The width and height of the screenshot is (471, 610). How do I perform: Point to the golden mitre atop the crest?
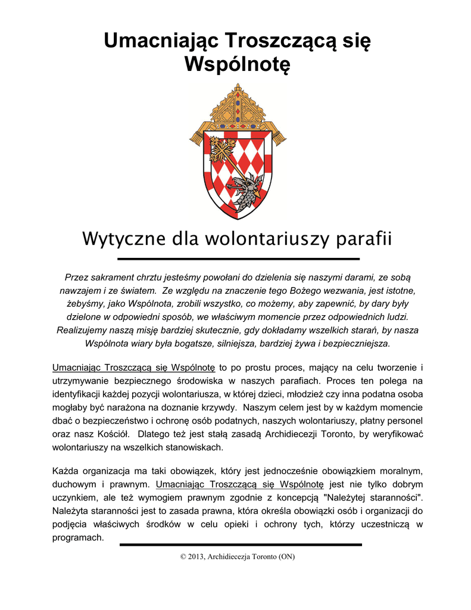[238, 107]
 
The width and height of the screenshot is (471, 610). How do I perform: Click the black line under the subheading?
[239, 259]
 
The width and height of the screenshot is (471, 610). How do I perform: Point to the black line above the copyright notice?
[241, 544]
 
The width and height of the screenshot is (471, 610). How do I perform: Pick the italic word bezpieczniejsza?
[357, 344]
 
